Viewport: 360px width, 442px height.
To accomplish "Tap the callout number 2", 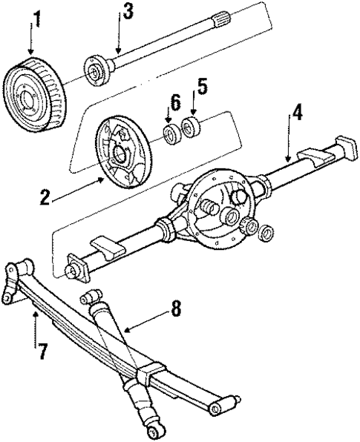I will coord(46,198).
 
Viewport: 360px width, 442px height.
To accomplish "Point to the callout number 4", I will coord(296,113).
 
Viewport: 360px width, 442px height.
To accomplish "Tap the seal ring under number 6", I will coord(172,133).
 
